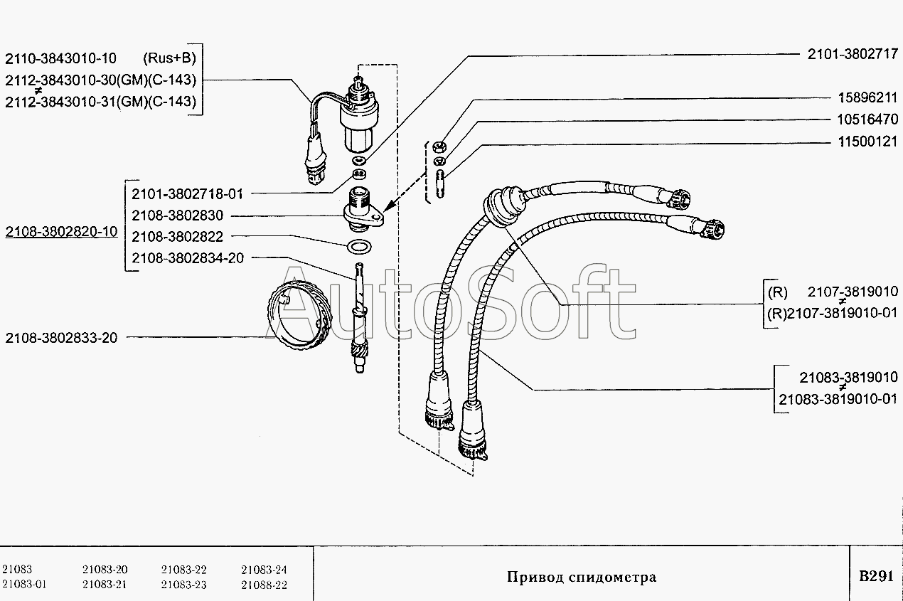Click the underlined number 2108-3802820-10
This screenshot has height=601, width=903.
[x=61, y=233]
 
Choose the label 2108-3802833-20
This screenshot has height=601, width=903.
[x=61, y=338]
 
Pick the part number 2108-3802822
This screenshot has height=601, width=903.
[x=178, y=237]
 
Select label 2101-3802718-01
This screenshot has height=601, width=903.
[x=188, y=193]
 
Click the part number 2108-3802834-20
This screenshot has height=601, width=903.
[x=188, y=257]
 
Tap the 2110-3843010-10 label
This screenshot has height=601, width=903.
[x=61, y=58]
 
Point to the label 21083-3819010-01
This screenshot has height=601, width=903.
[x=838, y=400]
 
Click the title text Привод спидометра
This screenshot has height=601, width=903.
[x=581, y=577]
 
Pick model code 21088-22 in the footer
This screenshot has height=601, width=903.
[x=264, y=585]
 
